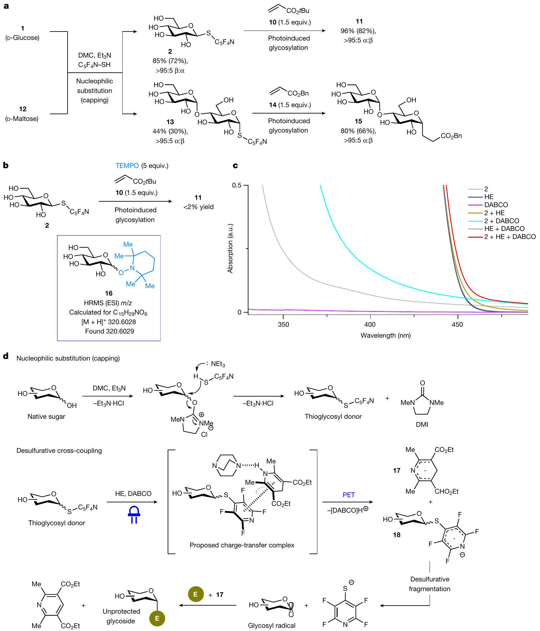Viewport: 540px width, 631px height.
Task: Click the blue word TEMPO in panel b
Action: point(127,166)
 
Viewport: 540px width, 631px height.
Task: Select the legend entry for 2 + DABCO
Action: point(501,221)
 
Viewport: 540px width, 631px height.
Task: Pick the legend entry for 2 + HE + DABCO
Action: point(510,237)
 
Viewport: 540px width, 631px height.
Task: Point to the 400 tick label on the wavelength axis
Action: point(370,325)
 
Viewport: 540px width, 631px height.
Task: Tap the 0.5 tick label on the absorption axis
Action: point(237,186)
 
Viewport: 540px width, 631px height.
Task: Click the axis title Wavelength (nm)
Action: point(386,335)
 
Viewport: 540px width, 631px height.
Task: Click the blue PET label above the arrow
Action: point(349,495)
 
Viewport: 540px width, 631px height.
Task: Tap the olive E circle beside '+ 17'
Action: point(196,594)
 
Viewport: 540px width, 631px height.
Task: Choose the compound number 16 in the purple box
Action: point(109,293)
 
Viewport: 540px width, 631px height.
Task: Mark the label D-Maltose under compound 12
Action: point(22,119)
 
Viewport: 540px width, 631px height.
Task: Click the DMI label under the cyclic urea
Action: point(422,424)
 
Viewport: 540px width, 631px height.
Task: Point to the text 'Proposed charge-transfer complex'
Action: point(242,545)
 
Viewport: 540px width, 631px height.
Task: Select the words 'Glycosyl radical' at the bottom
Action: point(272,626)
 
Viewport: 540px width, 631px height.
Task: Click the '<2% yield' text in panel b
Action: point(198,207)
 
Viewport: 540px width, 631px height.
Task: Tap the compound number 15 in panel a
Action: point(358,121)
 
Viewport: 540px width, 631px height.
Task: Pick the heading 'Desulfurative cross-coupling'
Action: point(59,451)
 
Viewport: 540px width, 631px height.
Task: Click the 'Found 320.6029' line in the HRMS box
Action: point(109,331)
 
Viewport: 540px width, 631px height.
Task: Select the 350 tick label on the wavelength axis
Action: point(283,325)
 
